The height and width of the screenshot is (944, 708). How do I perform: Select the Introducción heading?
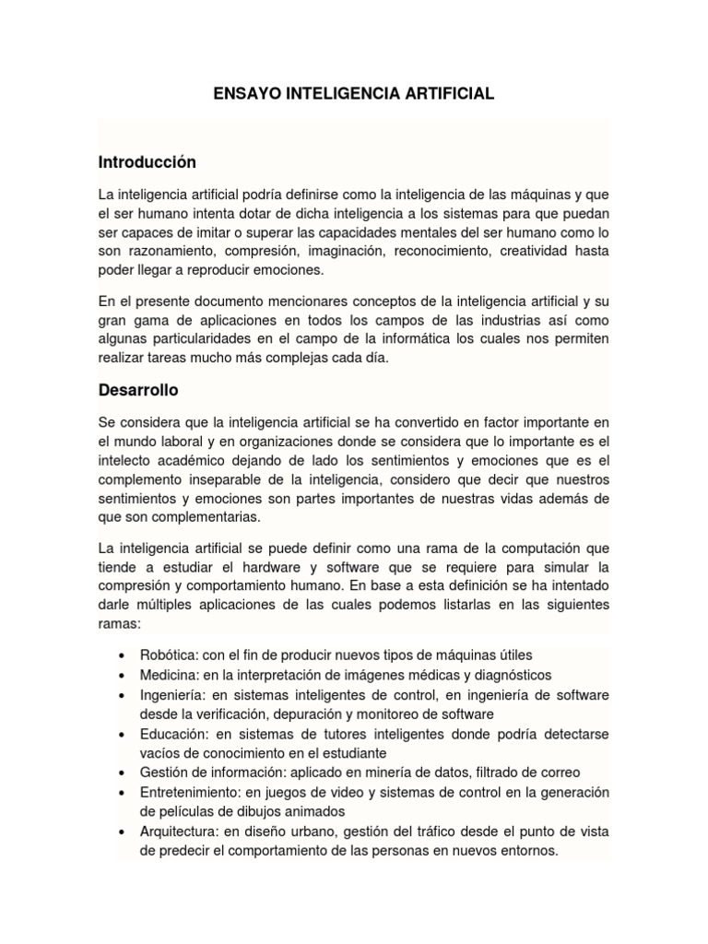coord(147,162)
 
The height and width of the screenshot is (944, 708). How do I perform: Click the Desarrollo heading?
coord(138,390)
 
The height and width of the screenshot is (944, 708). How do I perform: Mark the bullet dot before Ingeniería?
coord(123,695)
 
